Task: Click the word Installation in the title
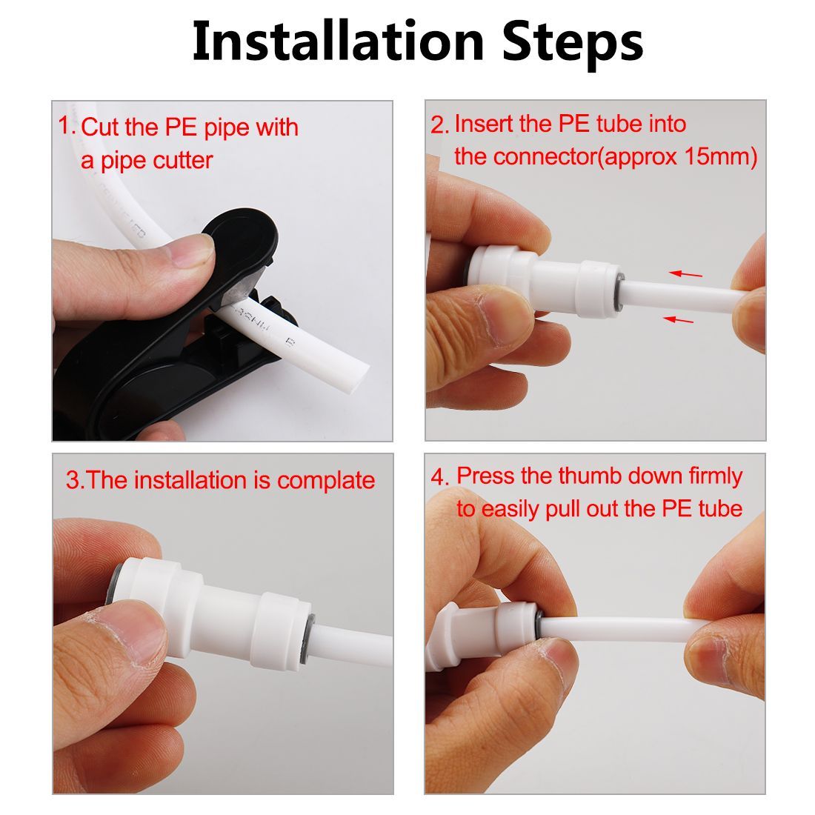point(339,41)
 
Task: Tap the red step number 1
point(66,125)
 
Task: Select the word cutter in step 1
point(182,161)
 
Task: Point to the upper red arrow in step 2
point(685,274)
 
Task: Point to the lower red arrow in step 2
point(679,319)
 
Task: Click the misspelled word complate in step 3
point(326,481)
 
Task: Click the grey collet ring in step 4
point(538,623)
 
